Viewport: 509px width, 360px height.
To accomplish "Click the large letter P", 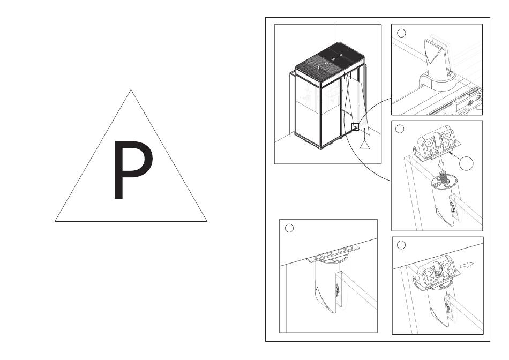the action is [132, 169].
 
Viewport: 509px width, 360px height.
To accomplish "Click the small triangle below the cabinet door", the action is [365, 145].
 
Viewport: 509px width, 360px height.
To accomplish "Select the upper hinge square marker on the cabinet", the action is [347, 76].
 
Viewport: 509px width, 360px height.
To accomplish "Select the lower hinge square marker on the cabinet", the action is [355, 126].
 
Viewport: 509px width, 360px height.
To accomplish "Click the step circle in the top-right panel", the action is [401, 33].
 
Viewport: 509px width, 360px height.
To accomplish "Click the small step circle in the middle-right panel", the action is [400, 129].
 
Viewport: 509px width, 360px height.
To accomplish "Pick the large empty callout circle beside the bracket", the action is [467, 163].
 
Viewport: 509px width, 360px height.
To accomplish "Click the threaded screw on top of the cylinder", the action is [442, 175].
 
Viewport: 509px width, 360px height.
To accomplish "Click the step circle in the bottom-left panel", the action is [289, 228].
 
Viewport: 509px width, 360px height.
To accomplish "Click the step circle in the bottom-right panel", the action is [401, 245].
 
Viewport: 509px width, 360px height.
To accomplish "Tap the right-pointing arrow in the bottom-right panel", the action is [467, 265].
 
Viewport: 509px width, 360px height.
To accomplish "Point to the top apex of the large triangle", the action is [131, 90].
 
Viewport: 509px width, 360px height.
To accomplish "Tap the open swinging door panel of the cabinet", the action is [355, 104].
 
